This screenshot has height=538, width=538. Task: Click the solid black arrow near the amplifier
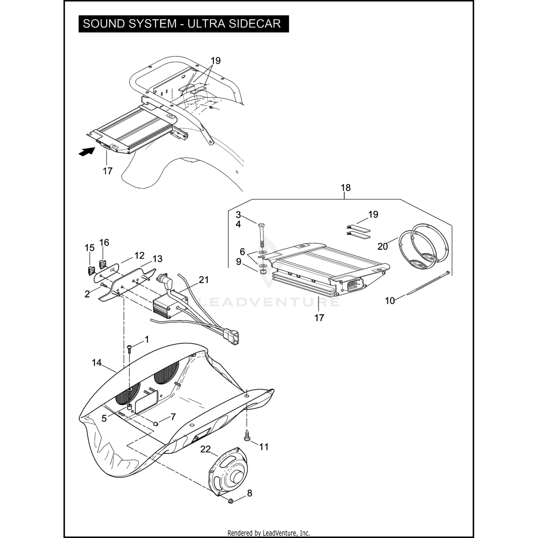click(x=86, y=152)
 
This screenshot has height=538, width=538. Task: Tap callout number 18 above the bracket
click(x=345, y=188)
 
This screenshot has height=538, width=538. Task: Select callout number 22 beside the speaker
click(x=205, y=449)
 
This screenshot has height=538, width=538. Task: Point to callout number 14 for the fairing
click(x=96, y=363)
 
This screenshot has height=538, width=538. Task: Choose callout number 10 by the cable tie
click(x=390, y=301)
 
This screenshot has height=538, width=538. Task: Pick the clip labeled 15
click(x=91, y=269)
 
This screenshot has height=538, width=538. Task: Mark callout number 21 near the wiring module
click(x=204, y=279)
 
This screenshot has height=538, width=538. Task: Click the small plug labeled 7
click(x=156, y=424)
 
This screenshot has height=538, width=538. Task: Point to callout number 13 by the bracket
click(x=157, y=259)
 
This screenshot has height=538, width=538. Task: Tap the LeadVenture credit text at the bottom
click(x=269, y=533)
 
